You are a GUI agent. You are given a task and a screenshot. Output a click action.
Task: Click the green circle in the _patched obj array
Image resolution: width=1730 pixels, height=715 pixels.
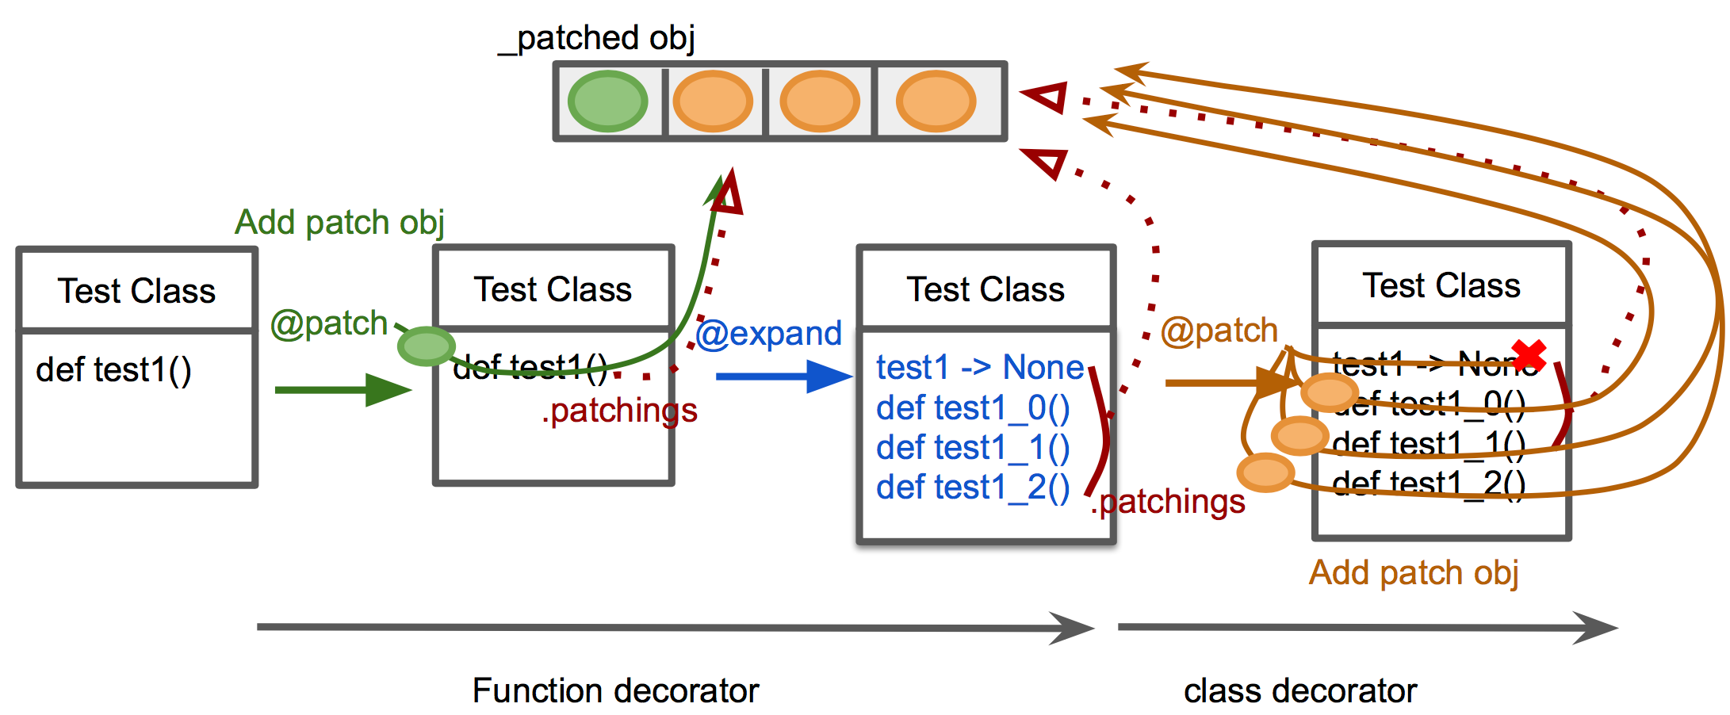pyautogui.click(x=607, y=101)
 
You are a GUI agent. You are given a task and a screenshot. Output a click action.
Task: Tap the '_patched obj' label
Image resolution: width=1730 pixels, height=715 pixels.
pyautogui.click(x=597, y=38)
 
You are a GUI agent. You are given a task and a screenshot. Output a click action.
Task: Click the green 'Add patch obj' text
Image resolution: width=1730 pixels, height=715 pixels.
pyautogui.click(x=339, y=223)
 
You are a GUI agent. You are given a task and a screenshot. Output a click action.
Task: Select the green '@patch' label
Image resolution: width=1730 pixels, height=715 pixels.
pyautogui.click(x=328, y=324)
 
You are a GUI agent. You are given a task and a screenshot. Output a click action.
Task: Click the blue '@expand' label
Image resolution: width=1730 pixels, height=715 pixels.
pyautogui.click(x=768, y=334)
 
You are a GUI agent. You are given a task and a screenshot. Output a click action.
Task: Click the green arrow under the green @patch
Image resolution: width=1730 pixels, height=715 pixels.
pyautogui.click(x=342, y=390)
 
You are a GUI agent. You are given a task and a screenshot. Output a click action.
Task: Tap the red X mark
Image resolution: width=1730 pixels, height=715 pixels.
pyautogui.click(x=1528, y=356)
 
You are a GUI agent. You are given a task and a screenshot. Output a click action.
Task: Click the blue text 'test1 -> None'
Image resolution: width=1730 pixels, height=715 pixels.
pyautogui.click(x=980, y=368)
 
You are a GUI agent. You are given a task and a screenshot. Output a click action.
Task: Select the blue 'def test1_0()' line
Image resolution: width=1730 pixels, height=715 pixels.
pyautogui.click(x=973, y=408)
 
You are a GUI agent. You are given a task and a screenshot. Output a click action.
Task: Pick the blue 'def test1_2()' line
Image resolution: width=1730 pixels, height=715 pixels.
pyautogui.click(x=973, y=487)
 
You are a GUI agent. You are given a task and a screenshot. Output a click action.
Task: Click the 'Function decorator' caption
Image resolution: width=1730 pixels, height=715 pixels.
pyautogui.click(x=615, y=690)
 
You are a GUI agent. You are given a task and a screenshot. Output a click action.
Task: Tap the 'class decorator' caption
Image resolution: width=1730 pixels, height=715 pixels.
pyautogui.click(x=1300, y=691)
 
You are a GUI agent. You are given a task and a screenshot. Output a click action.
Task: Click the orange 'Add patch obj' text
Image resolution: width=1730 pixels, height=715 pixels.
pyautogui.click(x=1414, y=573)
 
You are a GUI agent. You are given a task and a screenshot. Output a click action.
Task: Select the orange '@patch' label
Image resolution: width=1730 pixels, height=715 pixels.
pyautogui.click(x=1219, y=331)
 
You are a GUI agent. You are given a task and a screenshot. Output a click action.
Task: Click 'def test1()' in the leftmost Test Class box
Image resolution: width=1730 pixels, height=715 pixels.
pyautogui.click(x=113, y=370)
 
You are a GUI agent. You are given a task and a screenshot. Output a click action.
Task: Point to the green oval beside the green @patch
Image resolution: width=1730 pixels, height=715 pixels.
pyautogui.click(x=427, y=346)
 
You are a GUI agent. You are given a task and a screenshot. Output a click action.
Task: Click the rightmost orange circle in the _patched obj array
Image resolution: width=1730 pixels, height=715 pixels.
pyautogui.click(x=936, y=101)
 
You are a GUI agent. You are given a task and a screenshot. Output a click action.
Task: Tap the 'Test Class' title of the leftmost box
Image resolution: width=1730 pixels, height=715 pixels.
pyautogui.click(x=136, y=291)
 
